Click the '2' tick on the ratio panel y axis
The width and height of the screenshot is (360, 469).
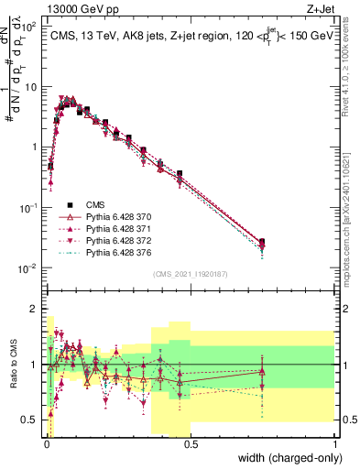click(32, 310)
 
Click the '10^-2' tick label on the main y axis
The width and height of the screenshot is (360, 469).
click(27, 268)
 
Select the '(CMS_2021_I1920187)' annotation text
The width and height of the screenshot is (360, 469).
click(189, 273)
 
